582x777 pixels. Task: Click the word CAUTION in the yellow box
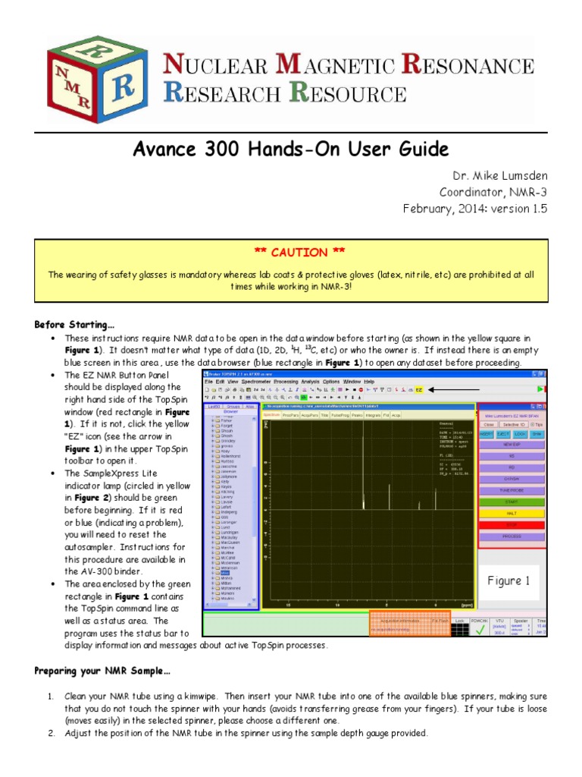(291, 252)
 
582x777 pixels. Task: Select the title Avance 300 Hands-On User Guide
(291, 149)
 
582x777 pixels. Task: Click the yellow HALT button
(512, 513)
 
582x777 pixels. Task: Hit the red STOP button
(512, 524)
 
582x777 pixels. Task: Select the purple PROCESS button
(512, 536)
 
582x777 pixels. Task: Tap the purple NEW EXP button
(512, 444)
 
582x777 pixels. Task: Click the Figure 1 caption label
(508, 581)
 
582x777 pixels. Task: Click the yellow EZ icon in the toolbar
(418, 389)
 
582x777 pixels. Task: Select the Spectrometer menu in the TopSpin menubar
(252, 381)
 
